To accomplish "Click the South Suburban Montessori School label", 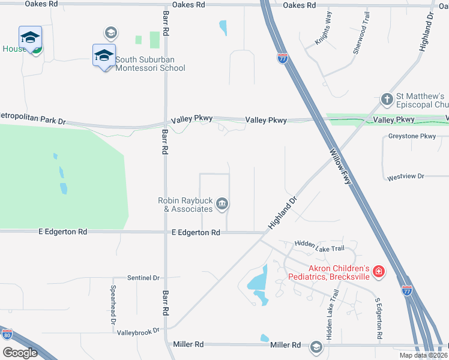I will point(150,64).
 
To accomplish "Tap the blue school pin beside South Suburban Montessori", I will point(103,56).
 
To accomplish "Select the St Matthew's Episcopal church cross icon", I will point(388,98).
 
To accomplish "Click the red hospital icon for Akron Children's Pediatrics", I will point(379,272).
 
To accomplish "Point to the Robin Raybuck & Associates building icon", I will point(222,204).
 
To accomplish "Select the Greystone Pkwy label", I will point(412,136).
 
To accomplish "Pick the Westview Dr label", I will point(406,176).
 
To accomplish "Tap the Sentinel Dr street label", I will point(143,278).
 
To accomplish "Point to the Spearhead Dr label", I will point(113,304).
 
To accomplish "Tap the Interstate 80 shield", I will point(7,334).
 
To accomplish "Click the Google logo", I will point(19,353).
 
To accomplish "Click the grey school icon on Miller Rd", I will point(316,347).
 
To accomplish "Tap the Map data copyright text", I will point(423,355).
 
